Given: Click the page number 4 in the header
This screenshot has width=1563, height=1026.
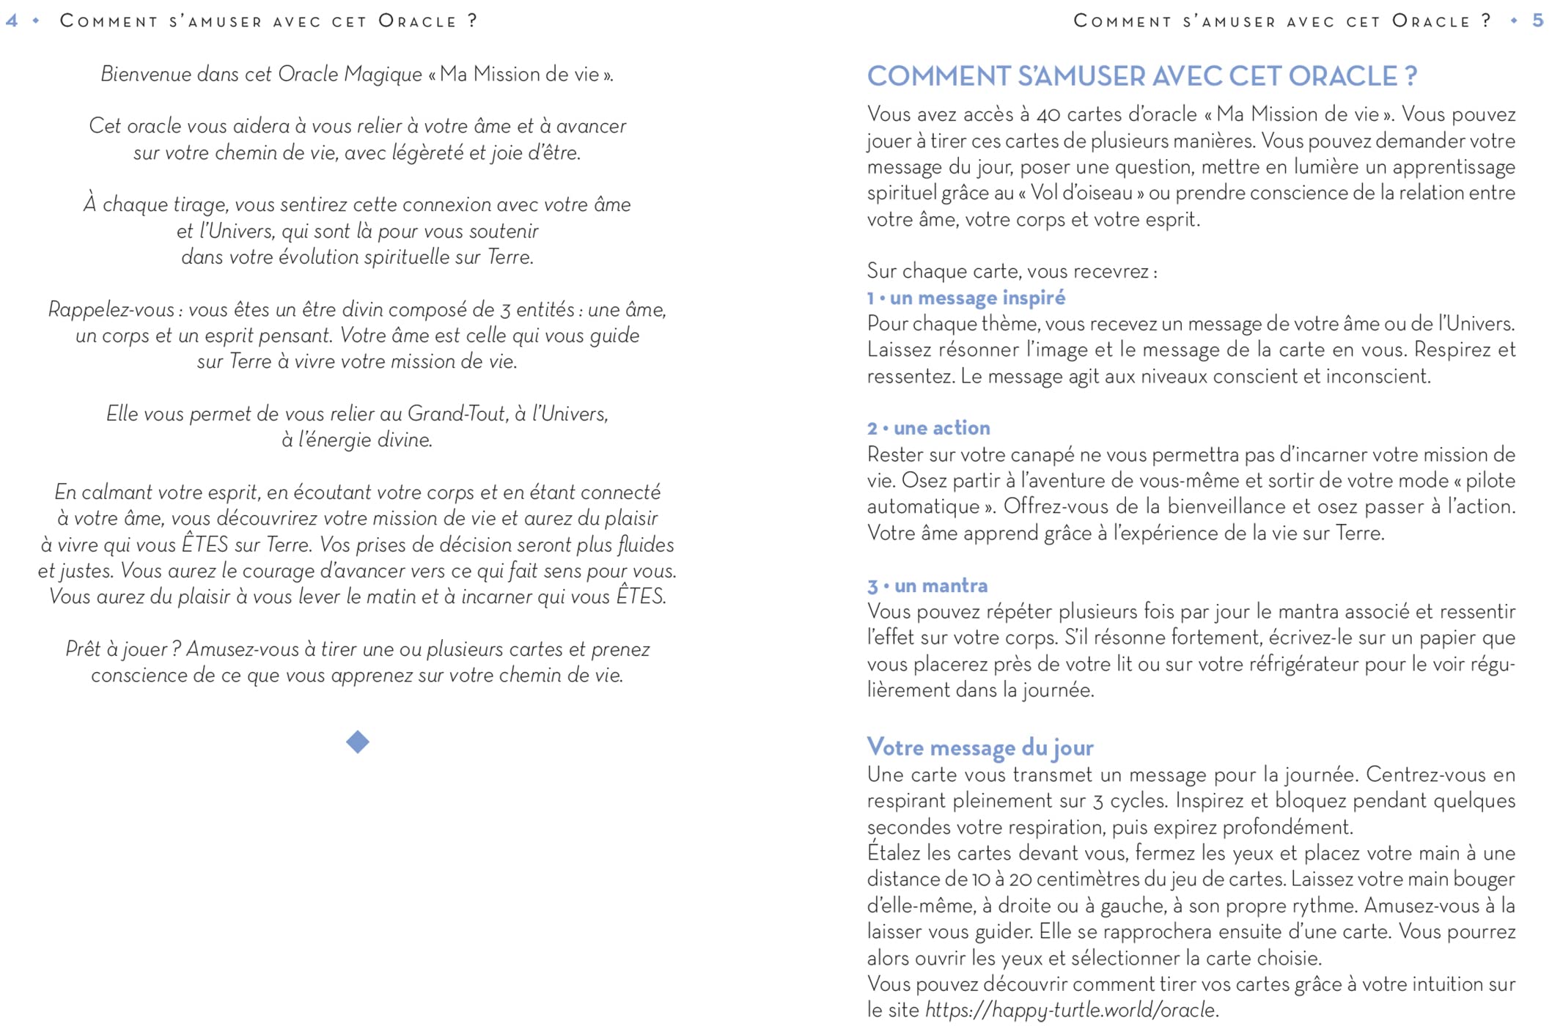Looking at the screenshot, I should (12, 21).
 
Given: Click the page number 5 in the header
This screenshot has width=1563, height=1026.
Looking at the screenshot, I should (1537, 21).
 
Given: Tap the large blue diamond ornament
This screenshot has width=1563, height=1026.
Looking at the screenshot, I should (357, 742).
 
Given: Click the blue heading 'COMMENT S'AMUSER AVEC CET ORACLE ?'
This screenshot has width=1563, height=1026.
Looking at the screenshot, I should (1141, 76).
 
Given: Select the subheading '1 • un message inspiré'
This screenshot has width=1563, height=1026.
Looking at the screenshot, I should (966, 298).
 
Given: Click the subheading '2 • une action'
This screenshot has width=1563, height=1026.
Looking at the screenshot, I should (928, 428).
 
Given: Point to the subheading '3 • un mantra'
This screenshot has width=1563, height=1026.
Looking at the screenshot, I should (927, 586).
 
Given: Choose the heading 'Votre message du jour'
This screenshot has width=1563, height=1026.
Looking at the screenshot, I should (979, 748).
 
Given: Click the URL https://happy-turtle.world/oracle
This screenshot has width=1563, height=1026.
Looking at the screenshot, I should (1070, 1010).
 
